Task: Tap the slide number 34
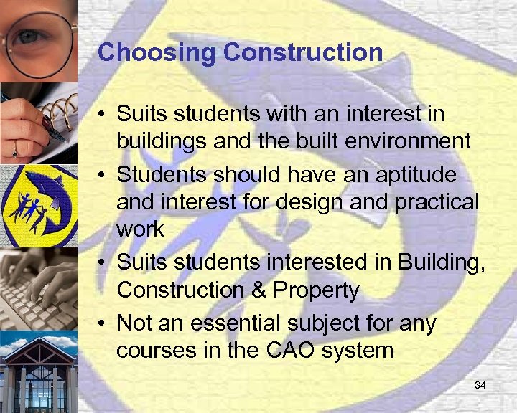[480, 386]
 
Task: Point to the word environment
[401, 141]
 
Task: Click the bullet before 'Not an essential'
[104, 323]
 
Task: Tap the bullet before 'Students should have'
[104, 174]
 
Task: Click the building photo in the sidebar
[38, 373]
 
